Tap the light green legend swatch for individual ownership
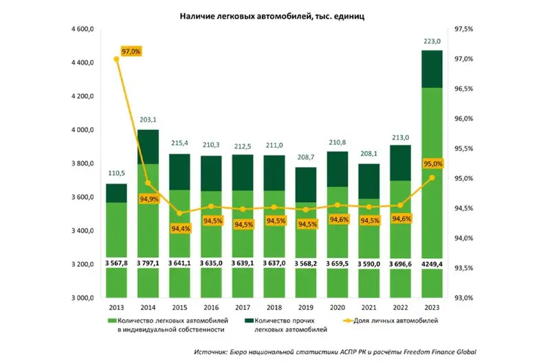[x=110, y=321]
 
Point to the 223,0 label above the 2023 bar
[x=431, y=41]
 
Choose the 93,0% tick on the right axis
[x=459, y=298]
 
